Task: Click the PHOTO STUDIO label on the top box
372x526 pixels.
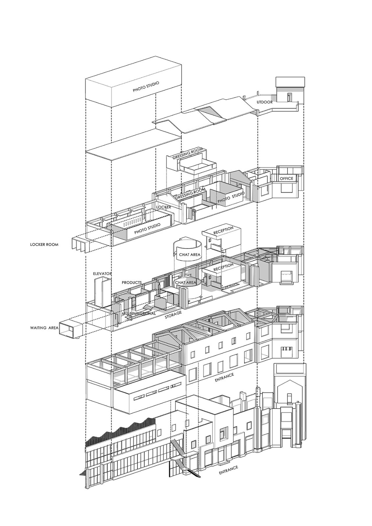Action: [x=146, y=86]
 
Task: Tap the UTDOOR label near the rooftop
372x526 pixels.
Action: [x=265, y=102]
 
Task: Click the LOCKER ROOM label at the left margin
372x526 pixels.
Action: [x=44, y=245]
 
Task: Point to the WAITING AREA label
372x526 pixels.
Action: [x=44, y=328]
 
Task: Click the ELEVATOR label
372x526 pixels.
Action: [x=102, y=274]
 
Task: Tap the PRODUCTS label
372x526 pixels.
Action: [x=132, y=282]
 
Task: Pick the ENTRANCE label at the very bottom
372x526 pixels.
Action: [x=228, y=469]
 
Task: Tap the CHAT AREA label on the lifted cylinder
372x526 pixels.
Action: [x=190, y=254]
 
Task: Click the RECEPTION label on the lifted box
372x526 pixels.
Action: [x=223, y=230]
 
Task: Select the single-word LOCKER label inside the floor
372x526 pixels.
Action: [x=163, y=207]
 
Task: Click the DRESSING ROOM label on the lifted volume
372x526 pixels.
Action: [x=187, y=155]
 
